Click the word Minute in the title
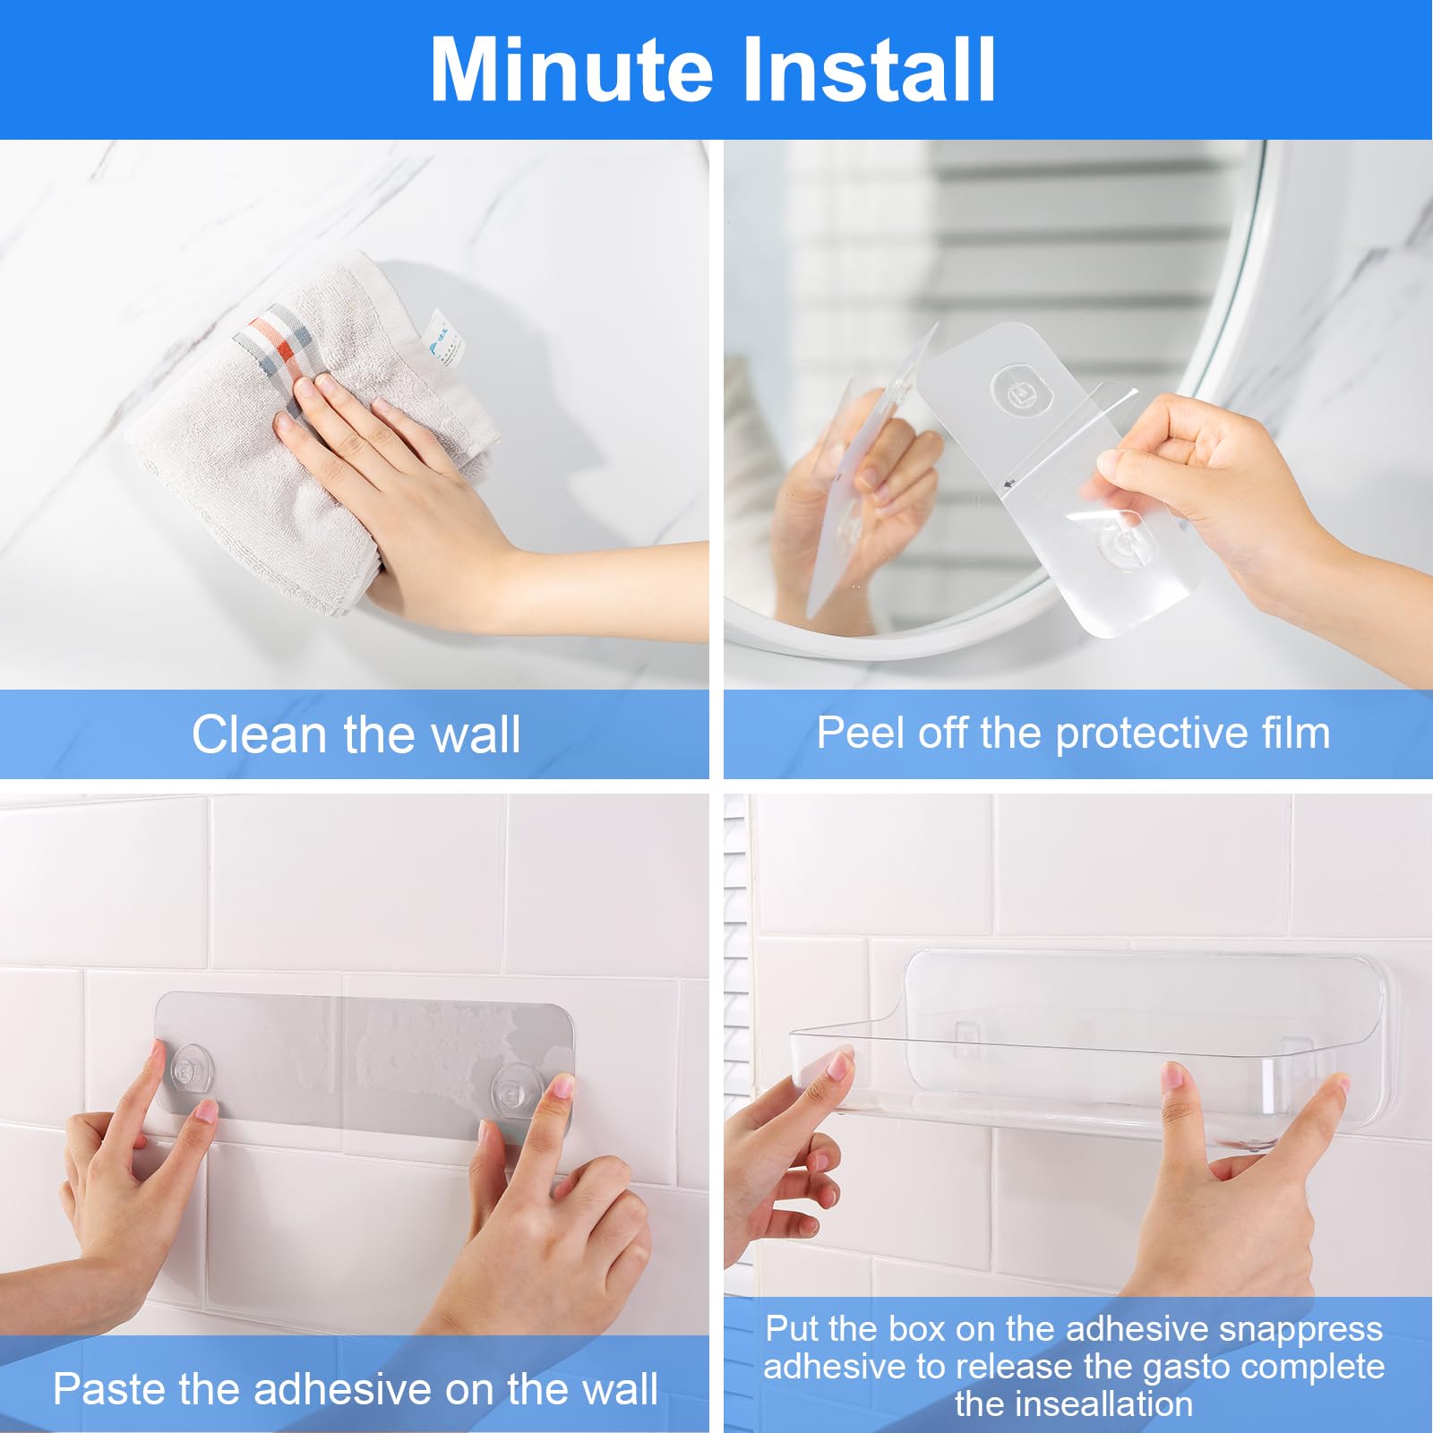pyautogui.click(x=571, y=71)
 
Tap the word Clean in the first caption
pyautogui.click(x=259, y=735)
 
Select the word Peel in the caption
pyautogui.click(x=860, y=734)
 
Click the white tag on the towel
pyautogui.click(x=443, y=337)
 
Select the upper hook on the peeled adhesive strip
pyautogui.click(x=1021, y=391)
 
